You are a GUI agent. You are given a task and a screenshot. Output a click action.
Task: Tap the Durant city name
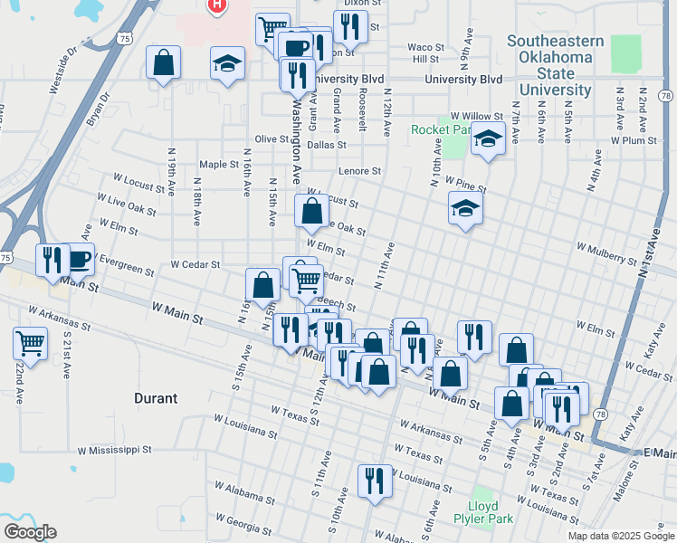point(156,398)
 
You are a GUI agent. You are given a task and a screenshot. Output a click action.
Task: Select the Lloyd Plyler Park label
point(490,512)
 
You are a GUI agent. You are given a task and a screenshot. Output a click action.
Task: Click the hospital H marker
point(216,5)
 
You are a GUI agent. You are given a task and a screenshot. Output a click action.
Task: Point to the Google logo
point(29,532)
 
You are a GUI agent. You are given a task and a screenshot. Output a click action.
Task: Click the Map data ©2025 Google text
point(621,536)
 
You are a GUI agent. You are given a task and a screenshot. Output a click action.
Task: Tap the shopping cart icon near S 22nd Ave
point(31,344)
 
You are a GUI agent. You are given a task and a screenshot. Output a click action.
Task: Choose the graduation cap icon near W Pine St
point(465,209)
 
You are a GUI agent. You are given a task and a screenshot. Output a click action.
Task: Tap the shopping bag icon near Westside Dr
point(163,63)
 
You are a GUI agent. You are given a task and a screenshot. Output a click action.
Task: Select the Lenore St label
point(359,170)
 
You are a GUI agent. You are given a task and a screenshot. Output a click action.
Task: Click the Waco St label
point(425,47)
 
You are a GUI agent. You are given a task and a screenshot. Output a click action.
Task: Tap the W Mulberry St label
point(605,252)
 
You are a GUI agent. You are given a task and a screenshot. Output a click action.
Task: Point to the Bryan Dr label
point(98,110)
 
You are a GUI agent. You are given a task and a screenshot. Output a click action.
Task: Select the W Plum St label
point(633,140)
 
